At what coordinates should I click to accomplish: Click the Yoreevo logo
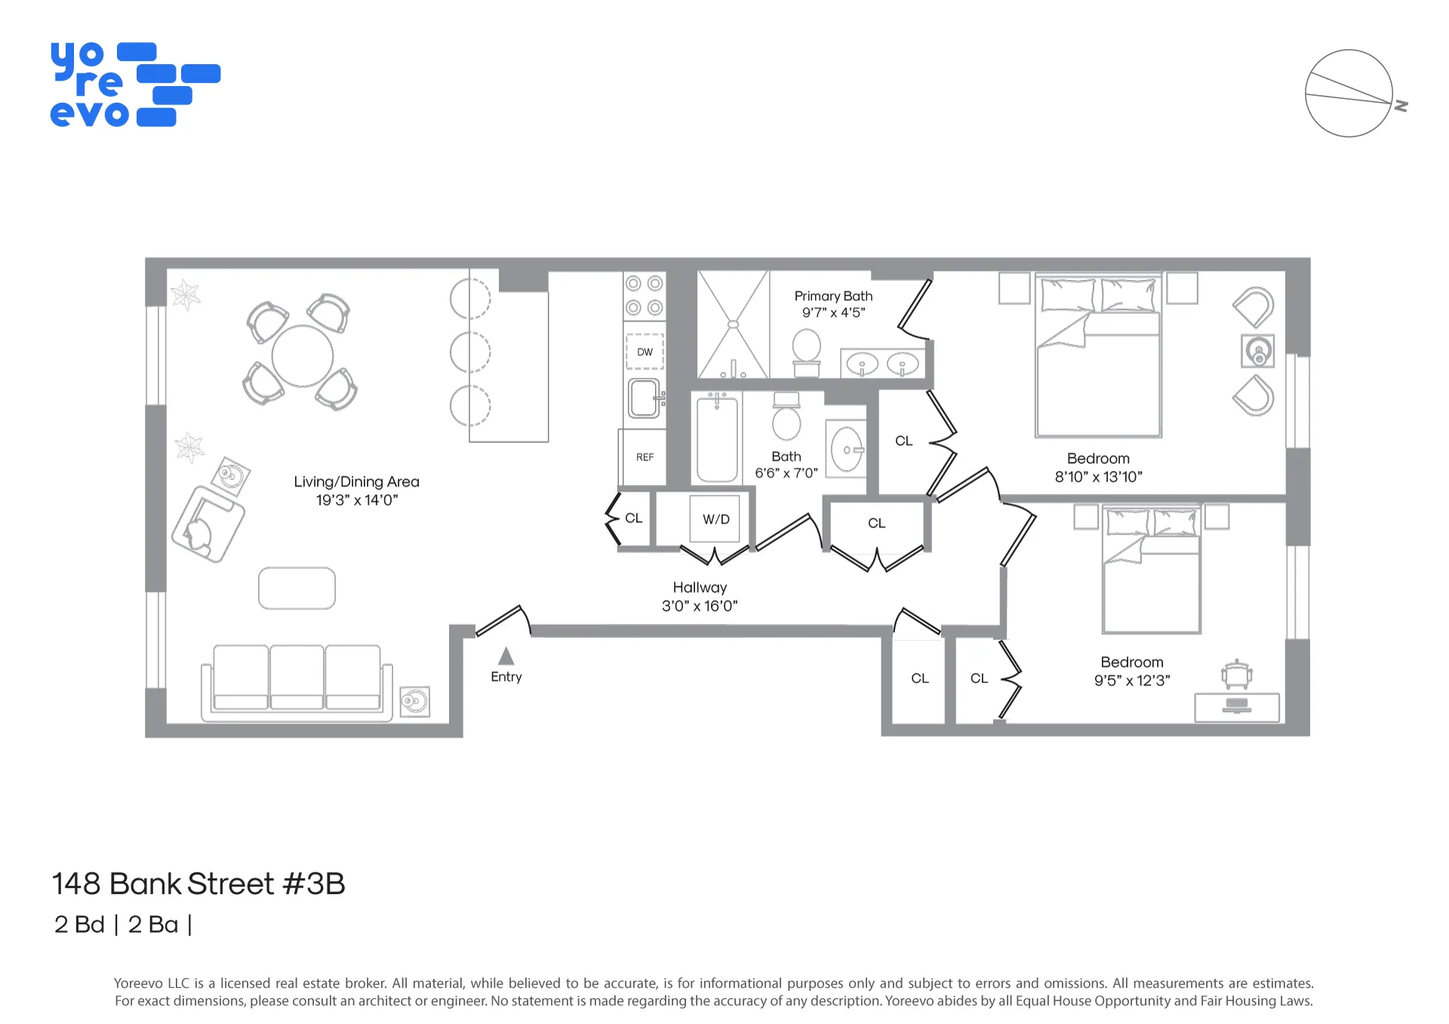click(x=134, y=85)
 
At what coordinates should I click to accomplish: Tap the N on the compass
click(x=1401, y=106)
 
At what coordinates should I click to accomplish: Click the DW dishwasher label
click(x=645, y=352)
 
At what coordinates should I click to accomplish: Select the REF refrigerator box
click(x=645, y=457)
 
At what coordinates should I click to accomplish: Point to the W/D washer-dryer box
click(x=715, y=519)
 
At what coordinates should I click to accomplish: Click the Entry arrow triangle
click(x=506, y=656)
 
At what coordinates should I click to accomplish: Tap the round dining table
click(x=303, y=356)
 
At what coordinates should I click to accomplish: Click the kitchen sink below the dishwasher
click(x=644, y=398)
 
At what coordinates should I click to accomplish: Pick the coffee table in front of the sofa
click(x=297, y=588)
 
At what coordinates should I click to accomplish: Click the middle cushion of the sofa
click(x=297, y=675)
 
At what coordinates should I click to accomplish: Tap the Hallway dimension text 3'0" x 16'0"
click(x=700, y=605)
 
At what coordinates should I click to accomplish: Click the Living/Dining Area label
click(x=356, y=481)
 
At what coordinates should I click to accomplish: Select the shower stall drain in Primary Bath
click(x=733, y=324)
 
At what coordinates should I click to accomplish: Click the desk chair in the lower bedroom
click(x=1236, y=673)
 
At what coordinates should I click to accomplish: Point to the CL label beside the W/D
click(x=633, y=518)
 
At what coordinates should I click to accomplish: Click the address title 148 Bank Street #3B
click(x=198, y=884)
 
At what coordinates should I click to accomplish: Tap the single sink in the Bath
click(x=847, y=450)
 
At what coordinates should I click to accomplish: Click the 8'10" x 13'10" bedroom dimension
click(x=1098, y=477)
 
